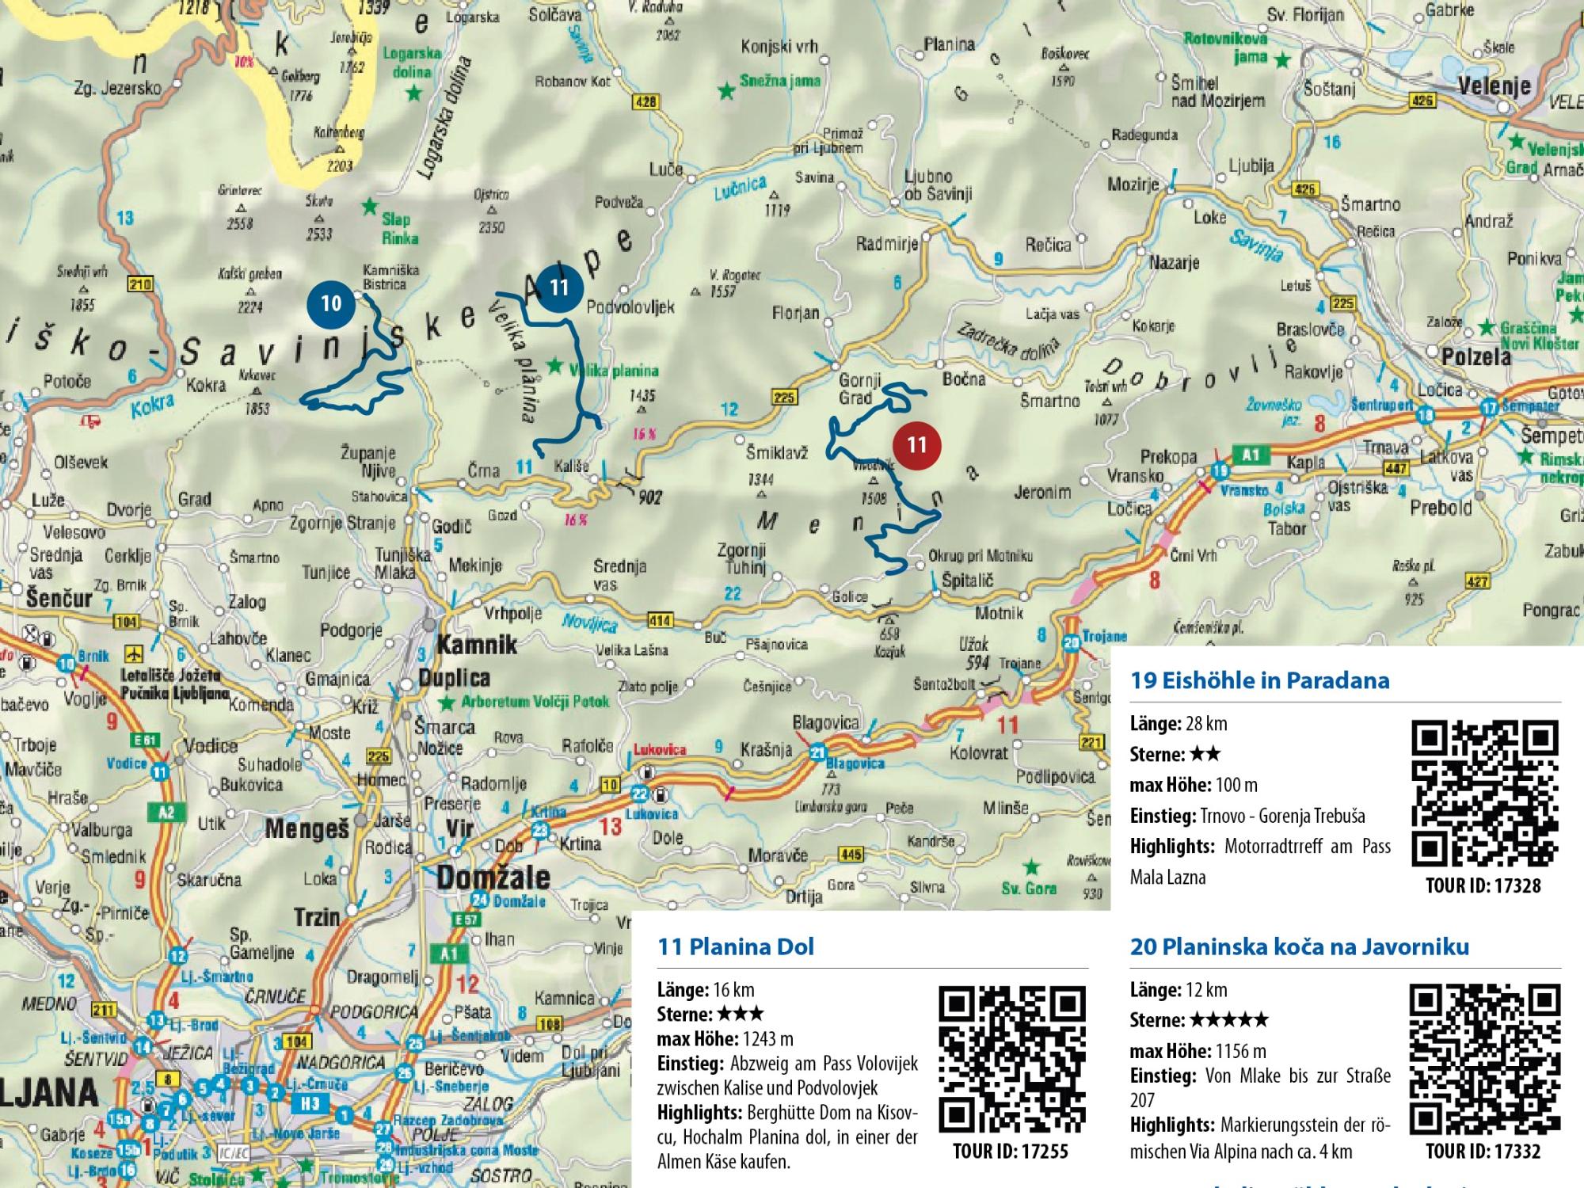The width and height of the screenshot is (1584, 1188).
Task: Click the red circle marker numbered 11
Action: [x=916, y=444]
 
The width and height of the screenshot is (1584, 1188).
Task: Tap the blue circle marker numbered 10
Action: [x=331, y=303]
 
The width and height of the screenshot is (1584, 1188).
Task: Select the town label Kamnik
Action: [x=477, y=645]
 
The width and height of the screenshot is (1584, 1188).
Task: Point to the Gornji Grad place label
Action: [x=855, y=389]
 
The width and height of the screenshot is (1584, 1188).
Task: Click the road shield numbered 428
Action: [x=645, y=101]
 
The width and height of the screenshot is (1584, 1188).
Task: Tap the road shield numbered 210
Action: [x=143, y=285]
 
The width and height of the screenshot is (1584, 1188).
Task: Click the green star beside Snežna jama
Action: [x=725, y=91]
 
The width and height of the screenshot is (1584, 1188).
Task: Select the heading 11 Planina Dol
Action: [x=736, y=946]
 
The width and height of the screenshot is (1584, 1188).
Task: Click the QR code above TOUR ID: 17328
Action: [x=1484, y=793]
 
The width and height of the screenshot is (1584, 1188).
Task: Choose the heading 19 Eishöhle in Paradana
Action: [x=1259, y=680]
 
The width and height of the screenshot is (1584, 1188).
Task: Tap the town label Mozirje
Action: [x=1133, y=185]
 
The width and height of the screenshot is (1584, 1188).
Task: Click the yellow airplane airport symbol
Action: [x=133, y=654]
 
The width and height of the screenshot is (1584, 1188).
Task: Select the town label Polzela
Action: [x=1475, y=357]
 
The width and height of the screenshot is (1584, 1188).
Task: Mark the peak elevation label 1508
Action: [x=874, y=499]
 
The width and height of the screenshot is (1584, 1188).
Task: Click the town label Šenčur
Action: [x=59, y=598]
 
